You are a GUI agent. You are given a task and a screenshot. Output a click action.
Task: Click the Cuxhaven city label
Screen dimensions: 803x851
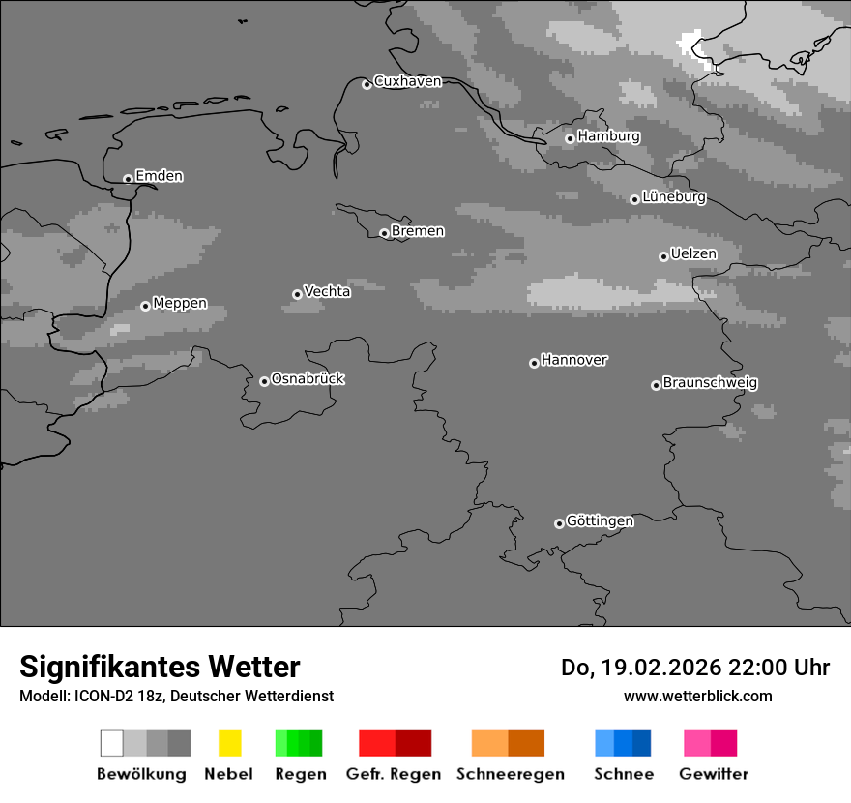point(407,81)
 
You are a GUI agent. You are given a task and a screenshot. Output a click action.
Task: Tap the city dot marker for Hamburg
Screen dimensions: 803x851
point(570,138)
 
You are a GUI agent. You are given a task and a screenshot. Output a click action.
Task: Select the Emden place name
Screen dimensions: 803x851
point(159,176)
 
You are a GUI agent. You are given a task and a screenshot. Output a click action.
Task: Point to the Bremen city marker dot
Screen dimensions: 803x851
point(384,233)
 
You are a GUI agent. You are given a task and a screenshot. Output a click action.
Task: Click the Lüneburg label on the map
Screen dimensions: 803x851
point(674,197)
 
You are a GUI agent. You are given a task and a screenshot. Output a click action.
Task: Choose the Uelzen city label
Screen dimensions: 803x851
point(693,253)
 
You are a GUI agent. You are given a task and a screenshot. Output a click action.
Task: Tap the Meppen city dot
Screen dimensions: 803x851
point(145,306)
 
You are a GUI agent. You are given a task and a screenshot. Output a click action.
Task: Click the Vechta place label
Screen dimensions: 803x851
point(327,291)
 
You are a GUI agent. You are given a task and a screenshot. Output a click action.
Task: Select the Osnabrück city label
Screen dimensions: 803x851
point(308,378)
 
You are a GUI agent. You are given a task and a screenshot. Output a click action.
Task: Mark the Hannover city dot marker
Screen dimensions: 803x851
point(534,363)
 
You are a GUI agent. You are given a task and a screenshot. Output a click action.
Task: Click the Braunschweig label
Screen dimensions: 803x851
point(710,383)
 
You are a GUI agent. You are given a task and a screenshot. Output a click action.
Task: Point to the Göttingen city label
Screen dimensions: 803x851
point(600,521)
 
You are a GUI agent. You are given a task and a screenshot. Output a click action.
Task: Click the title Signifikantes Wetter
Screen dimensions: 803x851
point(160,668)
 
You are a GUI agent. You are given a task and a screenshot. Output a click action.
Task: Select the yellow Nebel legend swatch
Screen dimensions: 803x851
point(229,743)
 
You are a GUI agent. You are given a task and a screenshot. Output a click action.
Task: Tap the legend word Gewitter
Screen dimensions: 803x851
point(714,774)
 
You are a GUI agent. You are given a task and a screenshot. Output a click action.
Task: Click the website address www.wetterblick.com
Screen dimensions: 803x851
point(697,696)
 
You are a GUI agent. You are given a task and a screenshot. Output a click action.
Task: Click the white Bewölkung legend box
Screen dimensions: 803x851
point(112,743)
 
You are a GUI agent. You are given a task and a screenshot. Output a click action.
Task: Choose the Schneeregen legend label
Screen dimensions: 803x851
point(510,774)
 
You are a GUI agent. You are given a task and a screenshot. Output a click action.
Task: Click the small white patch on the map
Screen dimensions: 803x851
point(690,43)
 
